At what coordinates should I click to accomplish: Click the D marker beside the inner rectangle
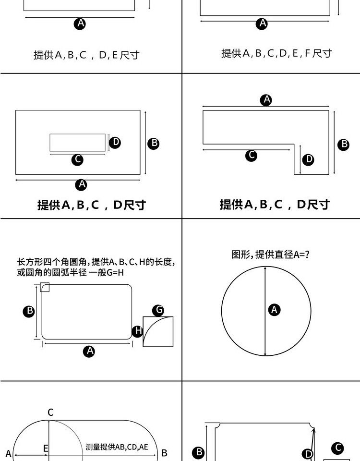click(x=115, y=142)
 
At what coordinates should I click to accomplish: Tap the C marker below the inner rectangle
click(x=77, y=159)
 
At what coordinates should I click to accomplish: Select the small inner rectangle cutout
click(x=78, y=143)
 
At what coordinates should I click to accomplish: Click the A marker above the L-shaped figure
click(x=266, y=100)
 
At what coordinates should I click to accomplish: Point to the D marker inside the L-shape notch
click(x=308, y=159)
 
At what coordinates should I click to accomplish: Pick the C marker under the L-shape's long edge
click(x=251, y=155)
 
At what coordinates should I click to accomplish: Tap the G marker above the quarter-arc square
click(x=158, y=310)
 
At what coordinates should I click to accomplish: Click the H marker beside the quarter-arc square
click(x=137, y=331)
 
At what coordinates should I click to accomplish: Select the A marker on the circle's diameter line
click(x=274, y=310)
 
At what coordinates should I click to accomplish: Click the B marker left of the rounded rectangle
click(x=29, y=311)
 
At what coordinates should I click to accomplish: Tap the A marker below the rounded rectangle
click(x=89, y=351)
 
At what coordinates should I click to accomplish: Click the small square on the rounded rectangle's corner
click(x=45, y=287)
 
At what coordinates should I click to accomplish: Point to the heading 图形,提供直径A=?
click(x=270, y=255)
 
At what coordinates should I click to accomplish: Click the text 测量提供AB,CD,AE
click(x=117, y=447)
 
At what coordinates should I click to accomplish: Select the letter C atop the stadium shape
click(x=50, y=412)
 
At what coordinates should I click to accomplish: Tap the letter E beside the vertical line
click(x=46, y=449)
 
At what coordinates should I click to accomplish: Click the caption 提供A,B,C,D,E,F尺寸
click(x=276, y=53)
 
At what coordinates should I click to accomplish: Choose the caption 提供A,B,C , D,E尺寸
click(x=86, y=55)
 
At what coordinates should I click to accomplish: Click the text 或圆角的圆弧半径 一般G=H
click(x=70, y=273)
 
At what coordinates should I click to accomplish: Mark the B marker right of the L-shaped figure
click(x=343, y=145)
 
